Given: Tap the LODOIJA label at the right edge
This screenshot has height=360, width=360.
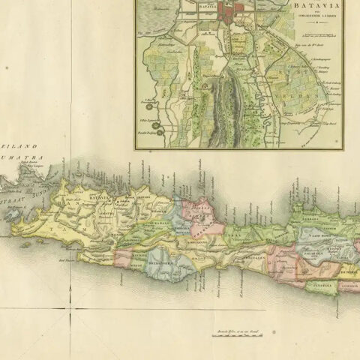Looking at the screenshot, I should (x=348, y=284).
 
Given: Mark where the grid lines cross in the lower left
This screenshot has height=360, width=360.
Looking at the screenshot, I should (x=72, y=308).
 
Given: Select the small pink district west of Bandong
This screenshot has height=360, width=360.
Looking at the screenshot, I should (x=123, y=259).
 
